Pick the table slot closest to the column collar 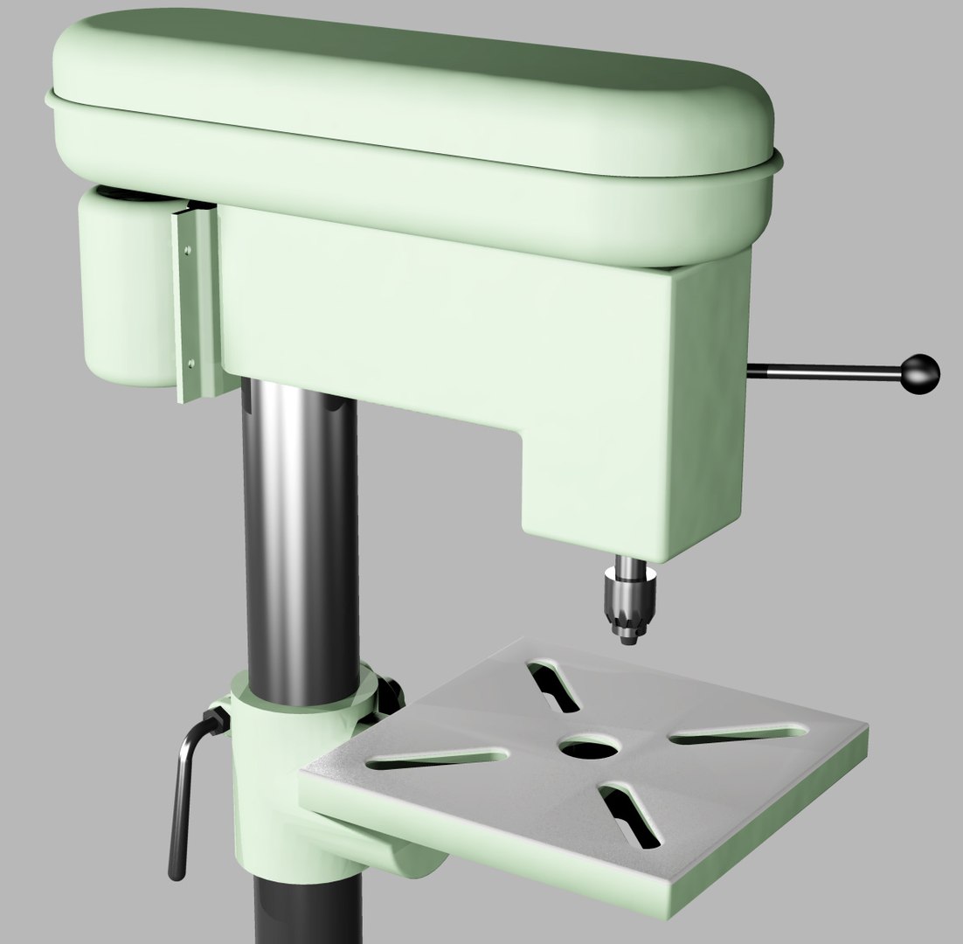(437, 758)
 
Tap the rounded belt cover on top (411, 96)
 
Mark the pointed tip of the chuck (627, 642)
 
